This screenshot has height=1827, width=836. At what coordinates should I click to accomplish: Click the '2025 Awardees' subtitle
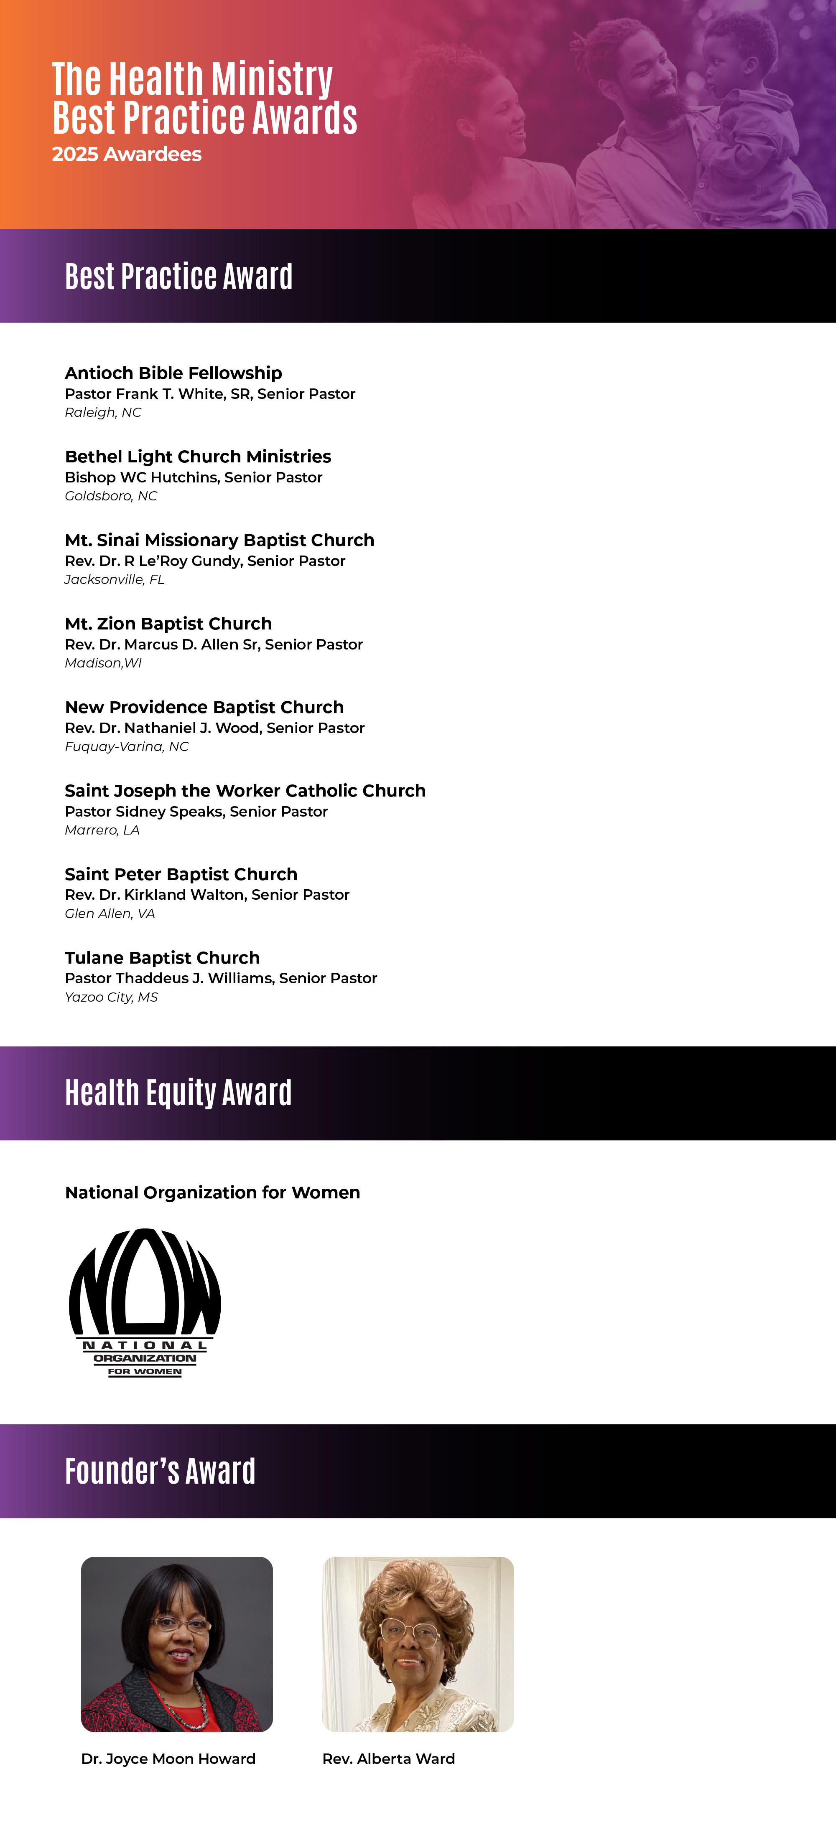coord(126,155)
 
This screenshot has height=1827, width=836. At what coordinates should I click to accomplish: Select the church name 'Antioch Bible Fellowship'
coord(173,373)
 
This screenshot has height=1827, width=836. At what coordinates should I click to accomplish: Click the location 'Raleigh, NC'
coord(103,413)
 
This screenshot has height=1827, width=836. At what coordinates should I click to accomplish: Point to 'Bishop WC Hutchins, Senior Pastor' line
coord(193,477)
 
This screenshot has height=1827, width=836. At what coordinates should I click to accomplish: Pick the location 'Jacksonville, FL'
coord(114,579)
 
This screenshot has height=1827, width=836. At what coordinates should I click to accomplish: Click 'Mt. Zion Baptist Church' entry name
coord(168,624)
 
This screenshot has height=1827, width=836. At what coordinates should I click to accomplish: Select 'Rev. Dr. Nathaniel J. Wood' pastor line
coord(214,728)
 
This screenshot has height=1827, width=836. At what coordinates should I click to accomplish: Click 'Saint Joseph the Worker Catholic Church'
coord(245,791)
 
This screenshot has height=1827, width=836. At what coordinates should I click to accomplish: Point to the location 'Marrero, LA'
coord(102,830)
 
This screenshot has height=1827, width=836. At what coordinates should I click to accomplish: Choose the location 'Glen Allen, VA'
coord(109,913)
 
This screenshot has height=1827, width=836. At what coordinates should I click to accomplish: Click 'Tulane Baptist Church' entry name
coord(162,957)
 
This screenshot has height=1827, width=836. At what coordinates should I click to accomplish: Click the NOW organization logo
coord(145,1302)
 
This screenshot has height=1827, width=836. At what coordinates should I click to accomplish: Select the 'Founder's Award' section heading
coord(160,1471)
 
